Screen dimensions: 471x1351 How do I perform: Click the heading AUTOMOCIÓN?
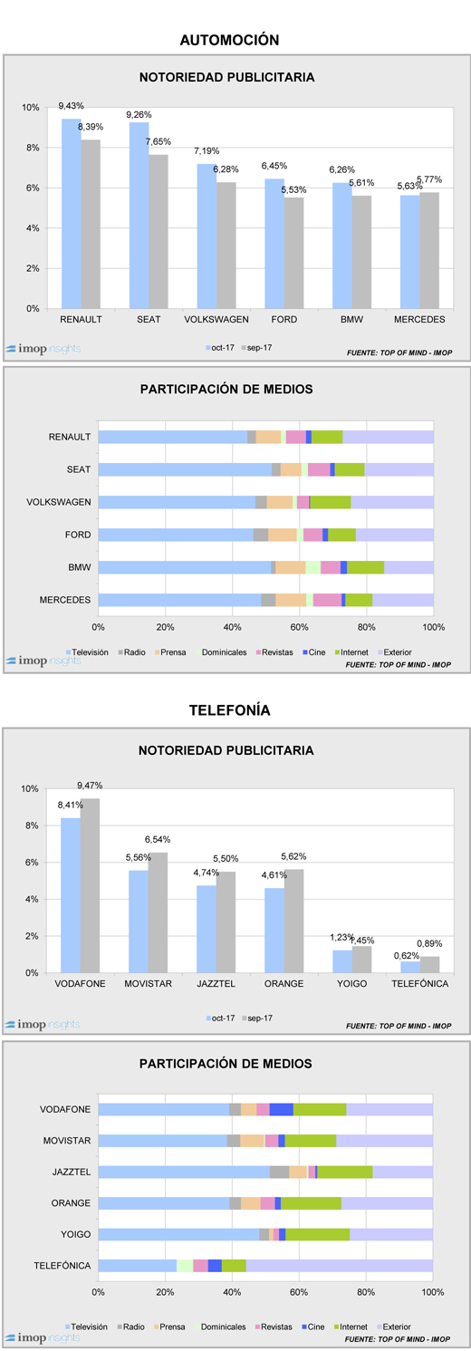click(229, 40)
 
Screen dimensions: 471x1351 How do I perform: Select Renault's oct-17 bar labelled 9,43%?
click(72, 214)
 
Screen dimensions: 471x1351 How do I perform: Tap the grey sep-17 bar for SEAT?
click(159, 232)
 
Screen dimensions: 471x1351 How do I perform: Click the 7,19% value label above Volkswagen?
click(207, 150)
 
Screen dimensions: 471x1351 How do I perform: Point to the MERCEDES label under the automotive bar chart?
click(419, 319)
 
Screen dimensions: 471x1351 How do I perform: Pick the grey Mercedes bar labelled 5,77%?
click(429, 250)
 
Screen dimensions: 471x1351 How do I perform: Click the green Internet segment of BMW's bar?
click(365, 567)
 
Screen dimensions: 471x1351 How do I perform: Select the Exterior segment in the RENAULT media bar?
click(388, 437)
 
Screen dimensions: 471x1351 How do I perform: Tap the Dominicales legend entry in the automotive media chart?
click(221, 652)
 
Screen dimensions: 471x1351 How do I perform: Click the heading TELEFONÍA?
click(229, 709)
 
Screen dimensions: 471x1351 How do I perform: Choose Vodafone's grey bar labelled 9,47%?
click(90, 885)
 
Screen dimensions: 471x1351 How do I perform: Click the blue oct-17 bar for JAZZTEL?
click(207, 929)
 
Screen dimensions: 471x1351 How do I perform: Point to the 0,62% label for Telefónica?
click(406, 955)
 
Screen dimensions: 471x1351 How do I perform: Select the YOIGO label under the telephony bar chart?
click(351, 983)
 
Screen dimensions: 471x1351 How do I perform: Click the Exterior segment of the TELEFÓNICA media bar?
click(339, 1265)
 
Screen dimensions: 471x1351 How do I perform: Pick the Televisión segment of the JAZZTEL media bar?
click(184, 1172)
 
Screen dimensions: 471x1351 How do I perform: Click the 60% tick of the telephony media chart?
click(299, 1292)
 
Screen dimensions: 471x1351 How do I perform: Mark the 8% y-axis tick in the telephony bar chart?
click(32, 825)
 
